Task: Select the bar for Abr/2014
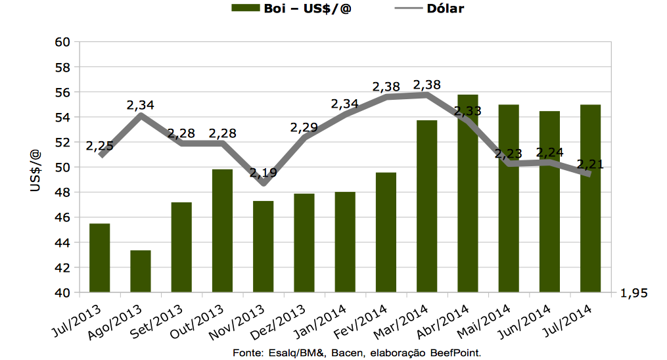click(467, 194)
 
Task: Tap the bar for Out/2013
click(222, 231)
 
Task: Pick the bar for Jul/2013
click(100, 258)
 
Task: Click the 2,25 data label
click(100, 145)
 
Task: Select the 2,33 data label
click(467, 111)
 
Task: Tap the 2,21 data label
click(589, 164)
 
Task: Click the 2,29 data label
click(305, 127)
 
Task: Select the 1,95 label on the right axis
click(633, 294)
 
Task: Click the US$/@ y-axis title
click(36, 170)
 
